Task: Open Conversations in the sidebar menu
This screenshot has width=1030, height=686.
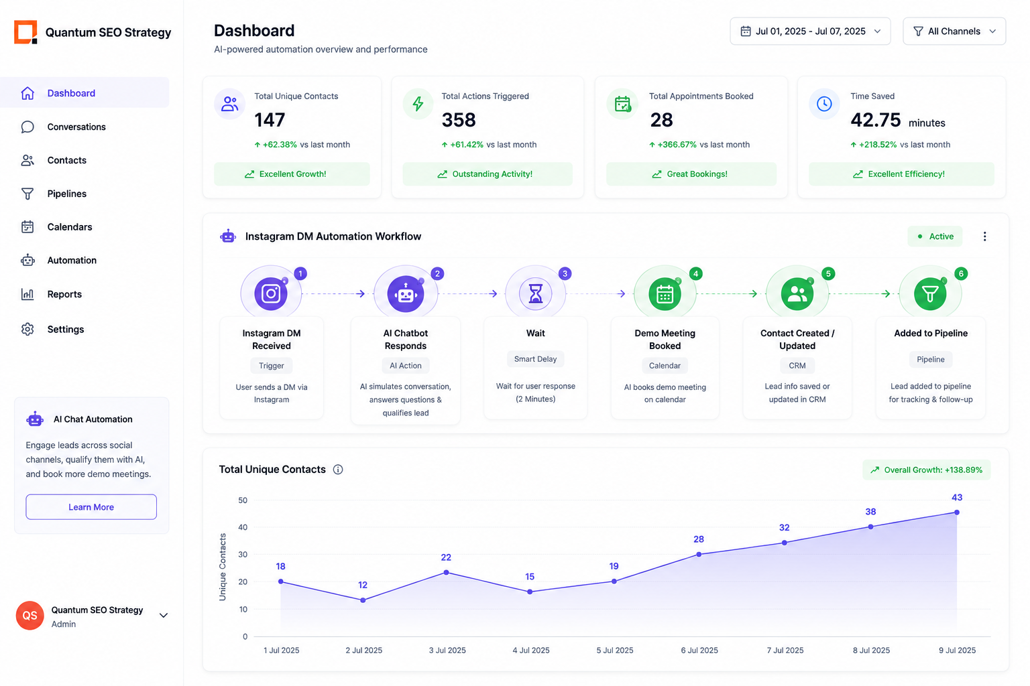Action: point(76,127)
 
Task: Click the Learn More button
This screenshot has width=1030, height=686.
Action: point(91,507)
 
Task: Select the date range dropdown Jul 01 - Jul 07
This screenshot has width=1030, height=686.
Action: point(810,31)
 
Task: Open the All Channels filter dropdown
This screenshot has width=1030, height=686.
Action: point(954,31)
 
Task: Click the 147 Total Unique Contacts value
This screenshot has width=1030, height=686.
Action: point(270,120)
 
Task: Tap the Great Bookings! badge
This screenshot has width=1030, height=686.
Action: point(691,174)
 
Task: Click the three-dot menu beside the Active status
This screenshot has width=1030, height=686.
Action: point(984,236)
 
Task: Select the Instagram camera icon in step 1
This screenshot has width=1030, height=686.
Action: point(271,293)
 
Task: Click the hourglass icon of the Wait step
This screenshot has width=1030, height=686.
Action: point(535,293)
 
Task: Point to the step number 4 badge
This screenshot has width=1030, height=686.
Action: point(695,274)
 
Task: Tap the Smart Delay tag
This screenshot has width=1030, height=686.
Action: point(535,359)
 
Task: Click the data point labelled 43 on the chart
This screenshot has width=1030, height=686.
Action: point(956,512)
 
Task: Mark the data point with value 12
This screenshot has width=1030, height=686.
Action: point(363,600)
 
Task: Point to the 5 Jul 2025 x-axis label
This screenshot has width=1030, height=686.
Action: point(615,650)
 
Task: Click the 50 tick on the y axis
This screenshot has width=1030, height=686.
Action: point(243,500)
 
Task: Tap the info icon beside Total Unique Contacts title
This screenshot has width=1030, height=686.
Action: point(338,469)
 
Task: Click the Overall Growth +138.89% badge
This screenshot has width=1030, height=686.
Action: point(926,470)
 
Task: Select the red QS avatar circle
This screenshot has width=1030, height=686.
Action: point(30,615)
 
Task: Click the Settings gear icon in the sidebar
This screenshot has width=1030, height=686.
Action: point(27,329)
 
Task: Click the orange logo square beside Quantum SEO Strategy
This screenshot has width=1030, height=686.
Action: point(25,32)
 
